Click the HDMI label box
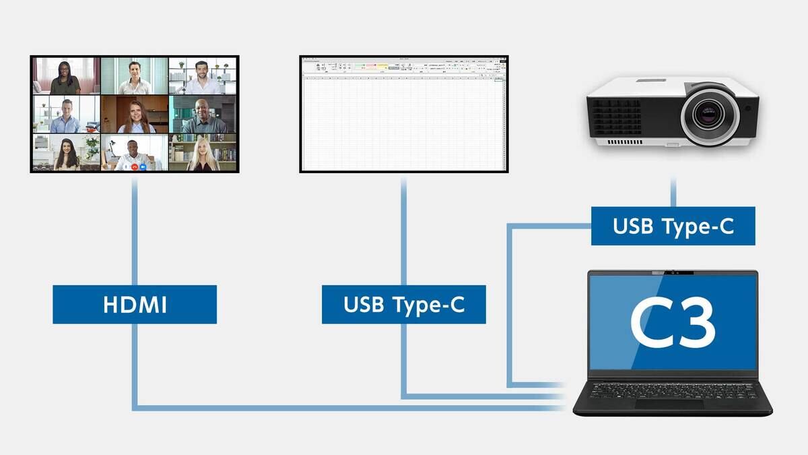click(135, 304)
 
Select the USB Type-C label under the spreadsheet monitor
click(403, 304)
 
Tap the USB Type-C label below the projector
click(673, 226)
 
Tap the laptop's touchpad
click(669, 403)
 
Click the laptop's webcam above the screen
click(673, 272)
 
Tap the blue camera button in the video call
click(143, 166)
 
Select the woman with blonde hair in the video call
click(202, 154)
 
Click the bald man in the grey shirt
click(203, 116)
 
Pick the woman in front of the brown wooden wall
click(135, 116)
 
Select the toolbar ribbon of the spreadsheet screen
click(403, 67)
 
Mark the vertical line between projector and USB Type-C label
click(673, 193)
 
